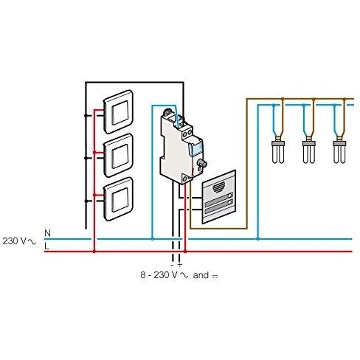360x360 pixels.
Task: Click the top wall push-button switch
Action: point(118,112)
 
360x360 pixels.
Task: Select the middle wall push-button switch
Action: point(118,156)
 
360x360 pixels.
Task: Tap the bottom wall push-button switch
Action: point(118,199)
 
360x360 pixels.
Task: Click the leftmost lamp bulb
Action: point(278,151)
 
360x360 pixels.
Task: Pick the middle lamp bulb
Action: point(309,151)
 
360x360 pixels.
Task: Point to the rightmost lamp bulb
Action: point(339,151)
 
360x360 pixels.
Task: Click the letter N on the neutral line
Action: point(47,233)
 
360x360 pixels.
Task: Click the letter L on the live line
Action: point(46,246)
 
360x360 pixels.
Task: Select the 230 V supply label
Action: point(19,241)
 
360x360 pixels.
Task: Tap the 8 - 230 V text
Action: point(159,275)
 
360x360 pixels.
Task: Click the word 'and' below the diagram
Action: point(201,275)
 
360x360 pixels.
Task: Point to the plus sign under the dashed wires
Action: point(180,265)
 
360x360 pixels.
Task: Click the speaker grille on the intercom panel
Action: point(219,187)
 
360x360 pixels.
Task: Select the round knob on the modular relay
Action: point(201,163)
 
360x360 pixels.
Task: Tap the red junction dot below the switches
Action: point(94,252)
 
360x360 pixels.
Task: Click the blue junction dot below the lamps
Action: point(257,239)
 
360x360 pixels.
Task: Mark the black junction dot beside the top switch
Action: point(86,116)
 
